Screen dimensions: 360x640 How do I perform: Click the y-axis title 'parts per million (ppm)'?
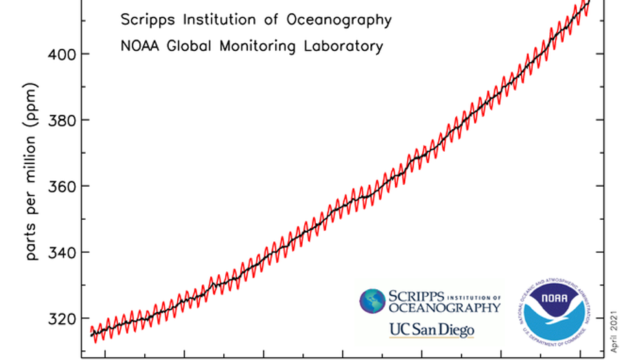pos(32,172)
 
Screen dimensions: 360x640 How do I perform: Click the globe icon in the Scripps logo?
pos(372,302)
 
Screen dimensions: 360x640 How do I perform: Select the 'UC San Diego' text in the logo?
pos(431,330)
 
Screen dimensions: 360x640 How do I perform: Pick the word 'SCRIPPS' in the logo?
pos(416,295)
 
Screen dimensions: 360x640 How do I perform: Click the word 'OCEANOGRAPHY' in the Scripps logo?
pos(444,308)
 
